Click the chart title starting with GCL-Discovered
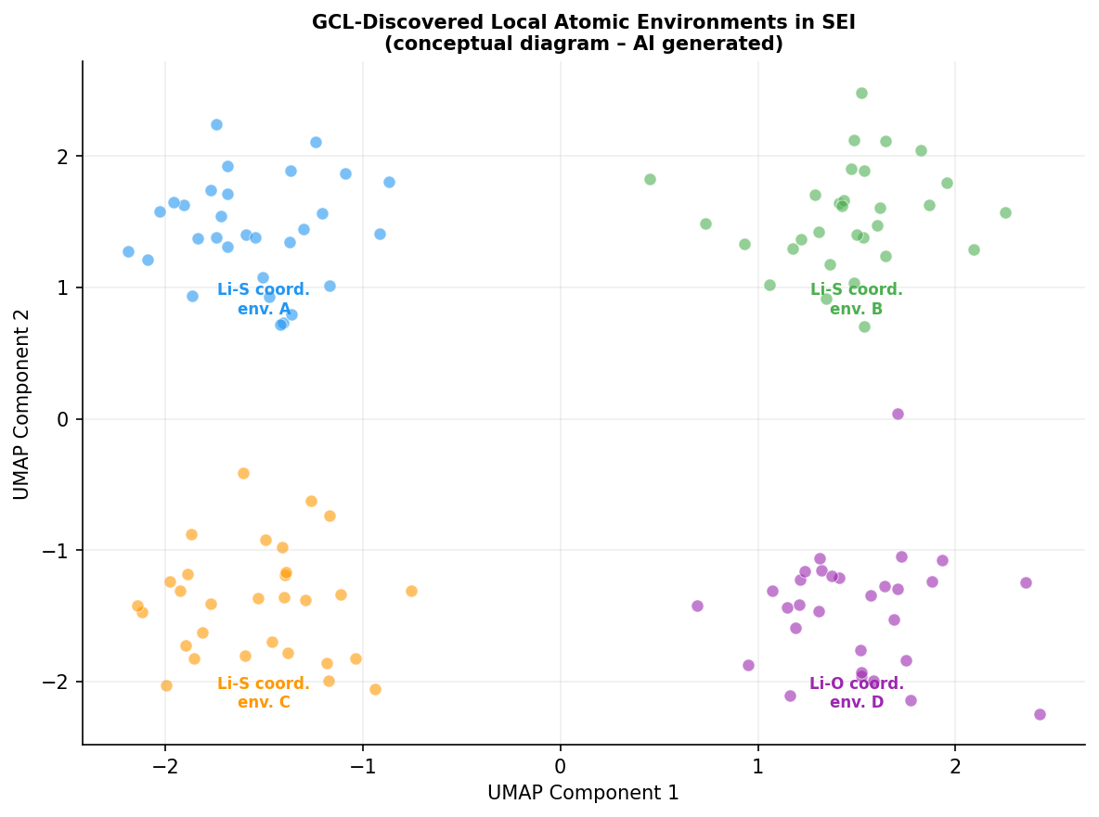click(x=583, y=23)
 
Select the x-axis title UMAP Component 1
click(x=583, y=793)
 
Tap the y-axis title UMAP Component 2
click(x=22, y=404)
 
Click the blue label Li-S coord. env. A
click(x=264, y=300)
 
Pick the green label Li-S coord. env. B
click(x=856, y=300)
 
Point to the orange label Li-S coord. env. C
click(x=264, y=693)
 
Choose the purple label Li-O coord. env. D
click(x=856, y=693)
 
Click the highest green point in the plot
click(x=861, y=93)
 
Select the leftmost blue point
click(x=128, y=251)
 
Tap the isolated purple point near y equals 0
click(x=898, y=414)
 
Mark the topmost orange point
click(x=243, y=473)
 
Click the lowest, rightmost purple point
click(x=1040, y=714)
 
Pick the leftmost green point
click(x=650, y=179)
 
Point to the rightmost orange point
click(x=411, y=591)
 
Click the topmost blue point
click(x=216, y=124)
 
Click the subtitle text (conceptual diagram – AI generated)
click(x=583, y=45)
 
